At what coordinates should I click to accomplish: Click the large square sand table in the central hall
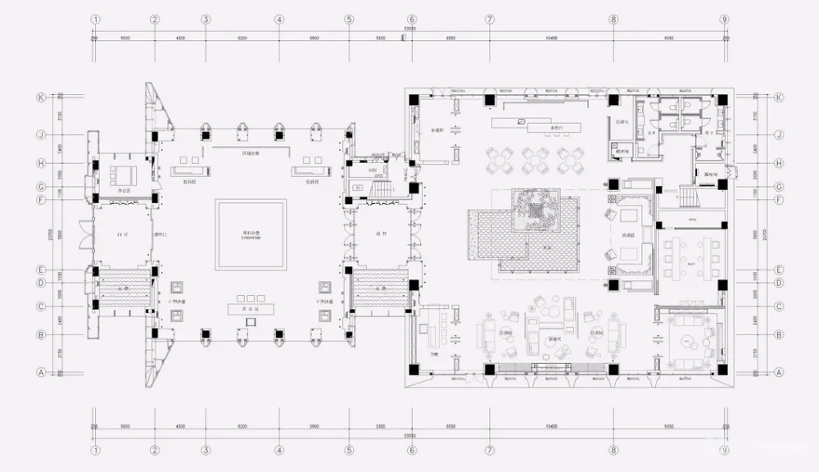[251, 234]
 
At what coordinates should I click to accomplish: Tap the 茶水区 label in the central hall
[251, 308]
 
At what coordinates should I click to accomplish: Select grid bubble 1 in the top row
[96, 20]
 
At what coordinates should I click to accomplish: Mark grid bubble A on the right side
[778, 370]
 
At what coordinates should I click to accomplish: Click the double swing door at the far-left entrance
[84, 235]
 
